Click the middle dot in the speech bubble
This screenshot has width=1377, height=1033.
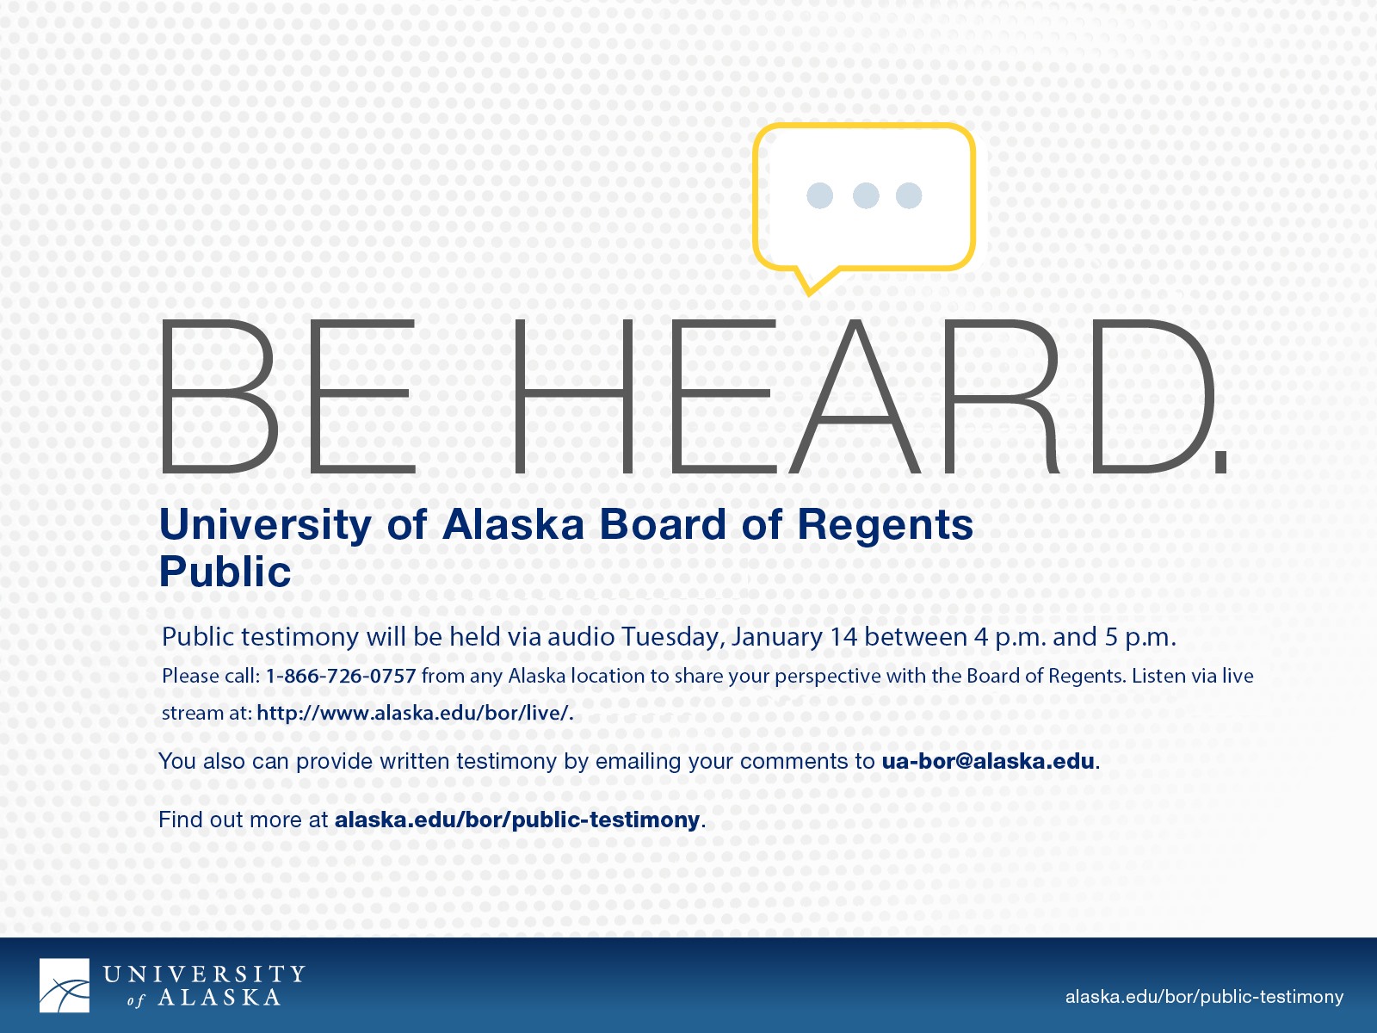[866, 195]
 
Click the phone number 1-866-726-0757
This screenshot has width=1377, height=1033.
[341, 676]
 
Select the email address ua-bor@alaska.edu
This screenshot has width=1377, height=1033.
[988, 762]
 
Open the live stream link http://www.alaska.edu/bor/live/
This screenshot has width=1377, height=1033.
[415, 713]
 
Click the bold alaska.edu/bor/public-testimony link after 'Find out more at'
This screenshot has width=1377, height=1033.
[517, 820]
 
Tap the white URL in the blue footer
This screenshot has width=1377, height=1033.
[1205, 997]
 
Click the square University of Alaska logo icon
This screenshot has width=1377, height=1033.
[64, 986]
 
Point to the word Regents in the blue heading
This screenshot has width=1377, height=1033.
[886, 526]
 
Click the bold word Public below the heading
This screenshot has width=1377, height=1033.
[225, 572]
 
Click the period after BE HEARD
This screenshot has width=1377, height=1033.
[1220, 463]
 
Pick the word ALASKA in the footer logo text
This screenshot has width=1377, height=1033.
[219, 997]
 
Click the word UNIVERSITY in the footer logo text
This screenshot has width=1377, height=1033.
[205, 974]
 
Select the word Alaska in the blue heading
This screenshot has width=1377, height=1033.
[513, 524]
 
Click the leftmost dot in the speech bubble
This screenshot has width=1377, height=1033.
[819, 195]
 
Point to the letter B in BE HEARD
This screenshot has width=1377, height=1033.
[219, 396]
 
